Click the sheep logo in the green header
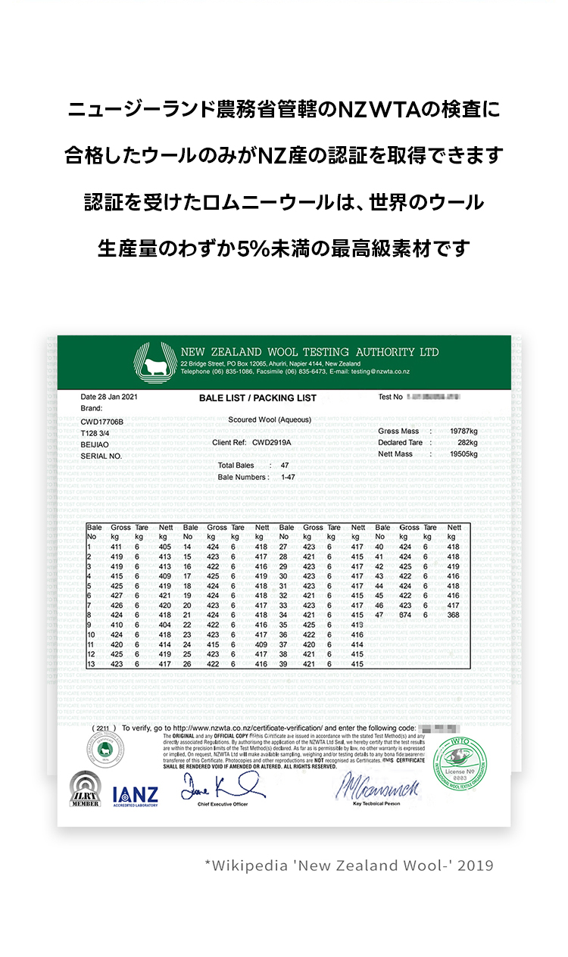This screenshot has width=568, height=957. [155, 361]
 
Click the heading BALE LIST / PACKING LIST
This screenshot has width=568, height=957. [257, 398]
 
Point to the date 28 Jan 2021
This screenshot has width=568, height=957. [109, 397]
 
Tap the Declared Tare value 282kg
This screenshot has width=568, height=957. [467, 442]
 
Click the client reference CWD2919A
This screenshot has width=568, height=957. [272, 442]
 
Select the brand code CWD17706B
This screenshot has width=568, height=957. [101, 421]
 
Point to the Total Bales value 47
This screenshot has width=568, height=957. [285, 465]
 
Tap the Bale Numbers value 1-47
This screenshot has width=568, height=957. [288, 477]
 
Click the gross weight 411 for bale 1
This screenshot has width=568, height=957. [116, 547]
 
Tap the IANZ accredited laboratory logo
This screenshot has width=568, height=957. [135, 795]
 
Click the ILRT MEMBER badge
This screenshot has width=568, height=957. [86, 790]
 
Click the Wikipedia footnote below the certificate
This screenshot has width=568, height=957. [348, 865]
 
